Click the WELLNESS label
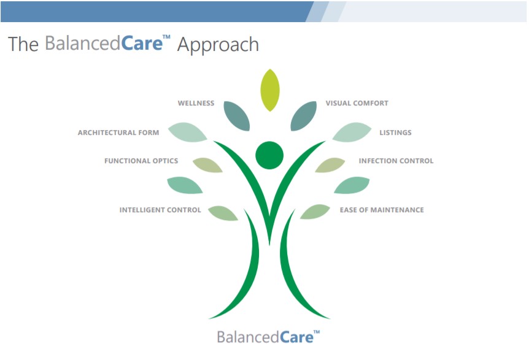[196, 103]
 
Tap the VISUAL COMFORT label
[357, 103]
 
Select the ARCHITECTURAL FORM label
[118, 132]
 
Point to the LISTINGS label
[395, 132]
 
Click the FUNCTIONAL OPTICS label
[141, 161]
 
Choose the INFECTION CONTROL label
[396, 161]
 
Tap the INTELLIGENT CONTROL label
[160, 210]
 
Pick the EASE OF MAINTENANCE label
[382, 210]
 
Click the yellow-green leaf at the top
[270, 90]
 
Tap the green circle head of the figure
[269, 155]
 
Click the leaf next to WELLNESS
[237, 116]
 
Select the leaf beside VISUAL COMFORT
[303, 116]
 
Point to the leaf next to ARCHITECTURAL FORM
[188, 132]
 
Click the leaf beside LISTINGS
[352, 132]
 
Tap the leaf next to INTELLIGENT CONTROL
[223, 213]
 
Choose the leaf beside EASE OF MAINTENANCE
[315, 212]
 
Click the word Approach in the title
[218, 45]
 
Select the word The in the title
[23, 44]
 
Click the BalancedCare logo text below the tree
[268, 337]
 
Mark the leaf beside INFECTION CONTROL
[330, 165]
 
